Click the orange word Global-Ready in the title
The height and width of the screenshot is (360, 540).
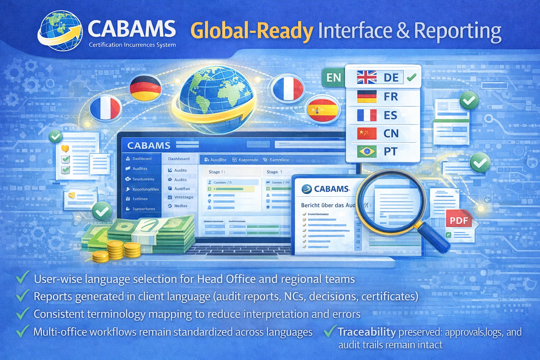252,31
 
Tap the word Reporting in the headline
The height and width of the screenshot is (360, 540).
457,31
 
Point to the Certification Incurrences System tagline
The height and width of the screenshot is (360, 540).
132,45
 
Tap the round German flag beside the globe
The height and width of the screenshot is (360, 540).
145,88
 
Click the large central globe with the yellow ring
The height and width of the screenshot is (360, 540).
215,98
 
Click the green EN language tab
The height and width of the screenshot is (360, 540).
333,78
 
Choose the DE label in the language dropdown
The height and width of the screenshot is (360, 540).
391,77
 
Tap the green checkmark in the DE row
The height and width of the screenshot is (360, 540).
411,77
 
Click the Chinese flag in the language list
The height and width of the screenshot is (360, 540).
367,133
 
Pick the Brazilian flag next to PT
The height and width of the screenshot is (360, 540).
367,152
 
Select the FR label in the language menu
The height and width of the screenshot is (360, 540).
391,97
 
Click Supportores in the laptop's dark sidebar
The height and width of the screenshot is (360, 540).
143,209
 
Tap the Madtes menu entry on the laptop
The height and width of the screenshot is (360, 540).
181,206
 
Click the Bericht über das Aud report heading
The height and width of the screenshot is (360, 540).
328,205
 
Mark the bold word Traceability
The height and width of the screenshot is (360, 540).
367,332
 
